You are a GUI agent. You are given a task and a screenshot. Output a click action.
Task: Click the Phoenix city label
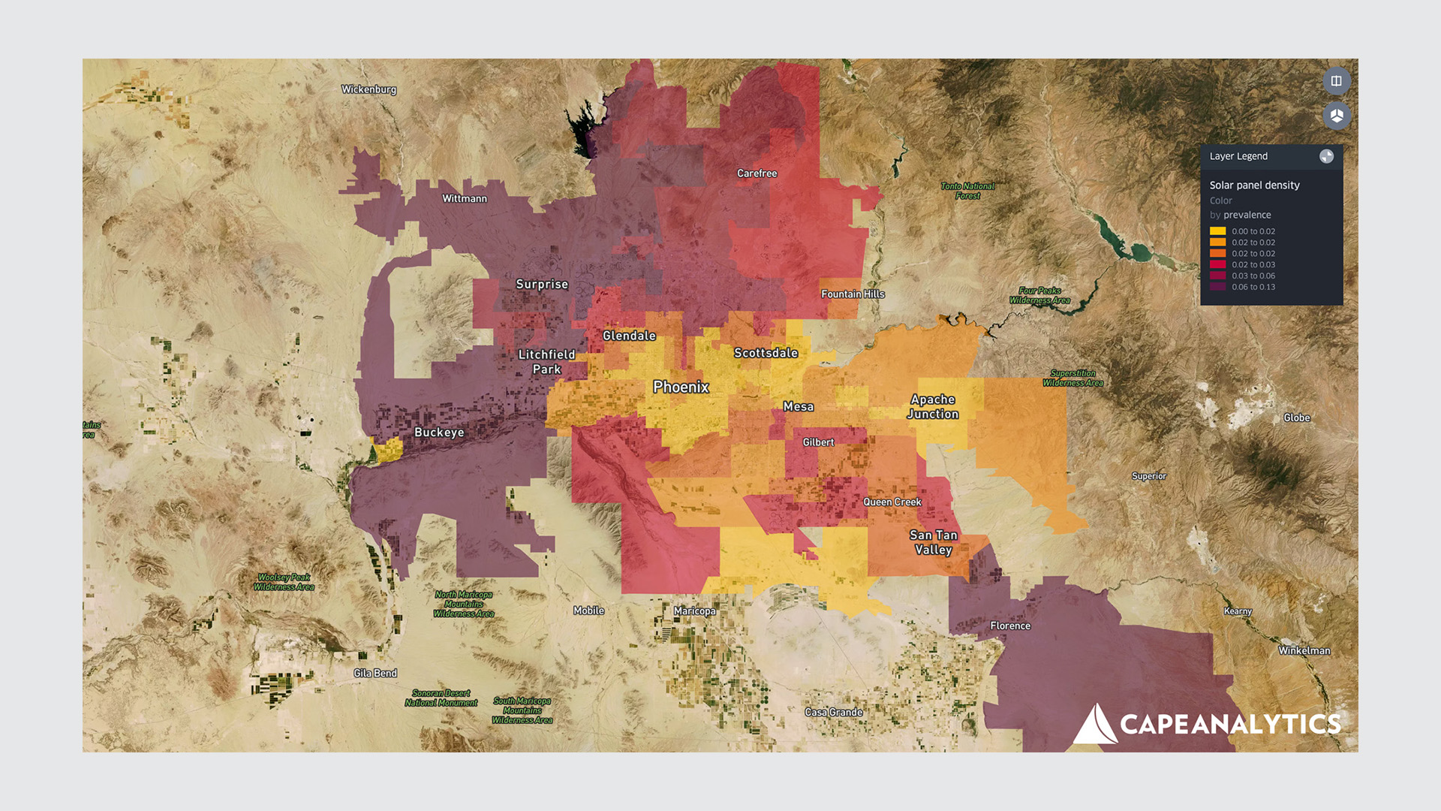point(681,387)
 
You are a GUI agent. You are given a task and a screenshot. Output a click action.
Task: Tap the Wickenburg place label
point(369,89)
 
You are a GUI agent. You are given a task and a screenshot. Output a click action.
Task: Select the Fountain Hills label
point(853,294)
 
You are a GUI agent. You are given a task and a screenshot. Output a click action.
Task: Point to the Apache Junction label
point(933,406)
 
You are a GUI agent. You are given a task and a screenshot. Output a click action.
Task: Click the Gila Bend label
point(375,673)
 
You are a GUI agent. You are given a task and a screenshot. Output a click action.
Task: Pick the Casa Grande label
point(833,712)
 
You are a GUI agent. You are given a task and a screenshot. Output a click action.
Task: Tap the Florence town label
point(1009,626)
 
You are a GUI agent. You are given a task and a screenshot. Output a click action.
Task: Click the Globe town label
point(1296,418)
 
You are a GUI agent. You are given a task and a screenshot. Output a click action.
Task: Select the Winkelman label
point(1304,650)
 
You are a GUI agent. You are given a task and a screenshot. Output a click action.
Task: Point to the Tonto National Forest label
point(967,191)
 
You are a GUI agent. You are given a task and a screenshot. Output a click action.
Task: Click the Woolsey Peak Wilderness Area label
point(284,582)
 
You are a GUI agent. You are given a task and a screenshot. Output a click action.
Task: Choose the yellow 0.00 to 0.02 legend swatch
point(1217,231)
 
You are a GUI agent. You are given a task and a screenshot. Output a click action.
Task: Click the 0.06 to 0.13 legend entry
point(1253,287)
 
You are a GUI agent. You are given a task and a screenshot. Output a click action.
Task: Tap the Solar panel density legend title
point(1254,185)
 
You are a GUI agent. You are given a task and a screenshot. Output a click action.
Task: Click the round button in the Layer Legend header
point(1326,156)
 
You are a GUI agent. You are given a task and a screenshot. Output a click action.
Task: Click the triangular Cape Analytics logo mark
point(1094,725)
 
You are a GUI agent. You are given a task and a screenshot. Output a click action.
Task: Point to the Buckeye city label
point(439,433)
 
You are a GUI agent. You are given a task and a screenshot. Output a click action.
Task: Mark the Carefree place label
point(757,173)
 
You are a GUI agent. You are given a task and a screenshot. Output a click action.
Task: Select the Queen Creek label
point(892,502)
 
